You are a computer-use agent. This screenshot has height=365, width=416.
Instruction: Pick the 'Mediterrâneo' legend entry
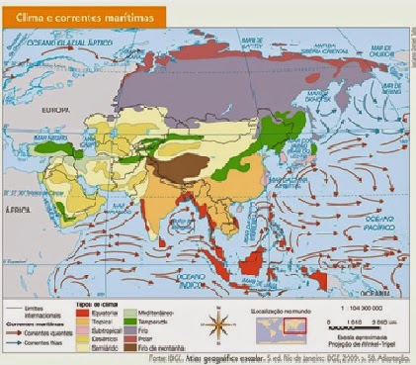[x=156, y=307]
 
